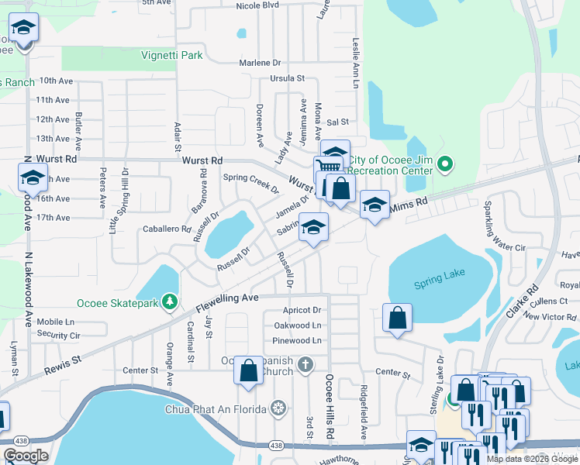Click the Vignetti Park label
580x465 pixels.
click(x=171, y=55)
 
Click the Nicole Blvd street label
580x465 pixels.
click(x=257, y=5)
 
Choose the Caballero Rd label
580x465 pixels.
click(x=167, y=229)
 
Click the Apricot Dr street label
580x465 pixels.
click(x=302, y=310)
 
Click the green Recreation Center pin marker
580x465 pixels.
click(x=444, y=164)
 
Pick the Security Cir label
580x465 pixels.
click(x=58, y=336)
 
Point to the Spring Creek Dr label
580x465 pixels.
click(x=251, y=183)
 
